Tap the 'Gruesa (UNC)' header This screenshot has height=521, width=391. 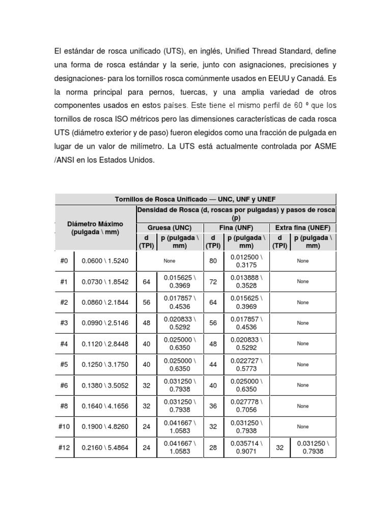(170, 227)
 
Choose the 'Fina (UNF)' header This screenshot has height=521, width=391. (236, 227)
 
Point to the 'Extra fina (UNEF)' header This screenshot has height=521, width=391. (302, 227)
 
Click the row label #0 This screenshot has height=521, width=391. (64, 261)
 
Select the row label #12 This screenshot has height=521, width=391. (64, 447)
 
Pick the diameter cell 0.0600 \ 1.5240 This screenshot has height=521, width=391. (105, 261)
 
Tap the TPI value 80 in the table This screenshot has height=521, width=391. (213, 261)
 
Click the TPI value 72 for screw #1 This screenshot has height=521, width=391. (213, 281)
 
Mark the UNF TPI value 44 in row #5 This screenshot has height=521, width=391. (213, 364)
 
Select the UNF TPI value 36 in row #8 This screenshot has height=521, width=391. (213, 406)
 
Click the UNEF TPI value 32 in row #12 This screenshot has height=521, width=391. (279, 447)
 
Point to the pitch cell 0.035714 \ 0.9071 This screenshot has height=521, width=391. (246, 447)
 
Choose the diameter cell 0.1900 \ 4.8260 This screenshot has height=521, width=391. (105, 427)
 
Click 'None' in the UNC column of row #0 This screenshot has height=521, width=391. (170, 261)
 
